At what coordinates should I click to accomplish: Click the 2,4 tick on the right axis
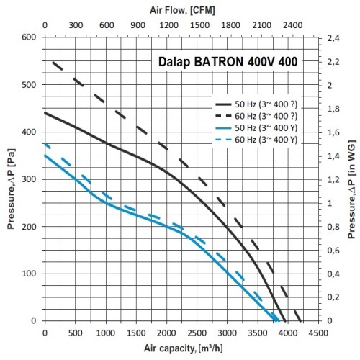point(333,37)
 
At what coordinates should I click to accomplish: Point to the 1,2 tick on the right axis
point(333,179)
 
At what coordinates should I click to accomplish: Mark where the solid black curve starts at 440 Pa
point(45,112)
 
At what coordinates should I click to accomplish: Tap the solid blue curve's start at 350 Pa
point(45,156)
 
